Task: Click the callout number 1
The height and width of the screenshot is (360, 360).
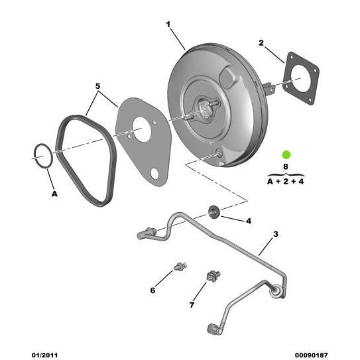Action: tap(168, 25)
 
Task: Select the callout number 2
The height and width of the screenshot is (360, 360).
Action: tap(261, 43)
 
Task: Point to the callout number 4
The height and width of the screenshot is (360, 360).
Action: tap(248, 220)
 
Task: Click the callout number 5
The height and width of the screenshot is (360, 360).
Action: tap(97, 86)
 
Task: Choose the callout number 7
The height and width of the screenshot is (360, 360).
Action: tap(192, 305)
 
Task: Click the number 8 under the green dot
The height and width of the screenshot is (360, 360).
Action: tap(286, 167)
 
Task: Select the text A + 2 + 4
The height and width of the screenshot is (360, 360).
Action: tap(286, 180)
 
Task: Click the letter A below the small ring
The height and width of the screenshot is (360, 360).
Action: tap(54, 194)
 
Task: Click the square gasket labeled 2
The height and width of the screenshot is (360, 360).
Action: tap(300, 78)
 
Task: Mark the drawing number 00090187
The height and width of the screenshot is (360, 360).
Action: tap(311, 355)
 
